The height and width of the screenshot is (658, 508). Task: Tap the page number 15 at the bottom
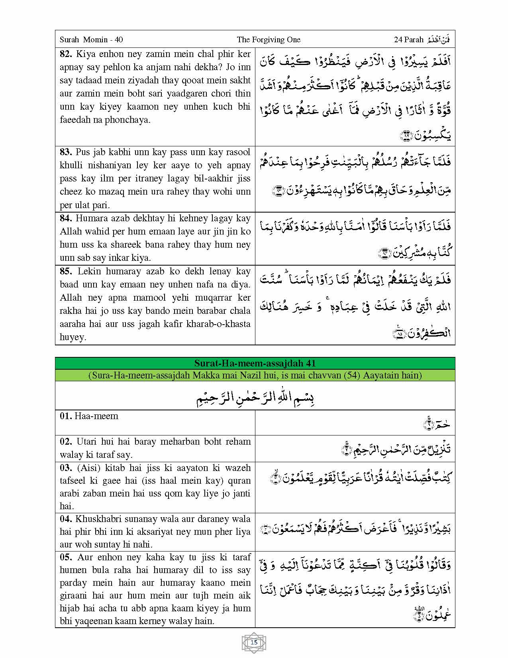point(254,642)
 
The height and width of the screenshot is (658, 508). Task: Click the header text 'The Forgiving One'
point(268,39)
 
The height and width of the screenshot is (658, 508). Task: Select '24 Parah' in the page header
point(408,39)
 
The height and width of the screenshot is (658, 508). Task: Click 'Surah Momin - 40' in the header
point(91,39)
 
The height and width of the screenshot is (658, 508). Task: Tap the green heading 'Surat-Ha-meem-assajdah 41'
point(255,363)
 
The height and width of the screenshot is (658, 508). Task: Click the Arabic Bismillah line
point(255,397)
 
